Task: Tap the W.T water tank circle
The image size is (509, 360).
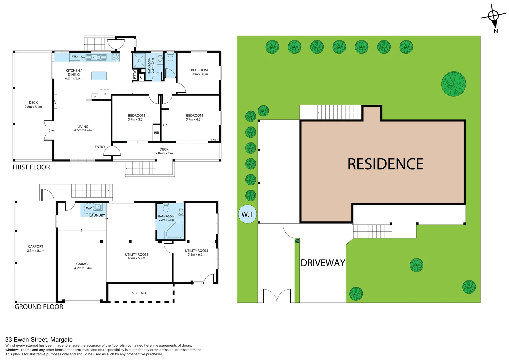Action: click(x=248, y=214)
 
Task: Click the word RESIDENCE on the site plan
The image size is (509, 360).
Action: click(x=385, y=164)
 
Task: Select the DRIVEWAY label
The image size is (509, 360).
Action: click(x=323, y=263)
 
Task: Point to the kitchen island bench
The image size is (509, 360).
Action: click(x=99, y=76)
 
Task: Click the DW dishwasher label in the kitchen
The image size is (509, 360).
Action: click(x=83, y=58)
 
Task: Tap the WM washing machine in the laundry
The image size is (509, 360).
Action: click(x=89, y=208)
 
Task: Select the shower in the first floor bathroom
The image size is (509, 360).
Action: click(x=139, y=60)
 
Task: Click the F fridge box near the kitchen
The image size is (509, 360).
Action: click(x=105, y=94)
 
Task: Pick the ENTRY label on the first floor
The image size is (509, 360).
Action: click(x=100, y=147)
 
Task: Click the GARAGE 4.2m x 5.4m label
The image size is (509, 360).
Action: click(x=83, y=266)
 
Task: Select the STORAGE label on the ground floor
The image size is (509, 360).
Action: click(x=140, y=293)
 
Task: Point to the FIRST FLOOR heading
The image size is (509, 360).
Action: click(x=31, y=167)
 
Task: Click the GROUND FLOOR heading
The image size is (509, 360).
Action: click(x=39, y=307)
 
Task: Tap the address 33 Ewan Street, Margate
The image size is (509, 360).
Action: click(x=39, y=340)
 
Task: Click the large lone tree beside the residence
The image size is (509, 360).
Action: click(x=454, y=84)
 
